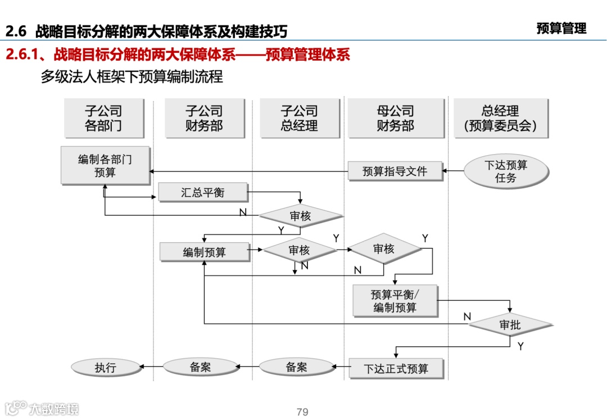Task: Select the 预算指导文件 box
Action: (395, 171)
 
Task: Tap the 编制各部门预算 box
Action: (105, 166)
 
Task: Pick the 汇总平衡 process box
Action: (202, 192)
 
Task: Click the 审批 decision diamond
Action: (510, 324)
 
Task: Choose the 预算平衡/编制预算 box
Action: (395, 301)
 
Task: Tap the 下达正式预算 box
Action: (396, 369)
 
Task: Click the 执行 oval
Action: (105, 368)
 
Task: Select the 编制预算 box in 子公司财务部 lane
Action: (204, 252)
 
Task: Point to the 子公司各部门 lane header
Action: (103, 119)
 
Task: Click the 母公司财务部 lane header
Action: (395, 119)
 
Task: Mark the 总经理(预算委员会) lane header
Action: (500, 119)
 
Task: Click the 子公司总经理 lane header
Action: (299, 119)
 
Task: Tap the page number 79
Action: (302, 412)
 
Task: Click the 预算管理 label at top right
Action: (561, 29)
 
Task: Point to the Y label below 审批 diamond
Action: (520, 346)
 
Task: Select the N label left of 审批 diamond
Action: (466, 317)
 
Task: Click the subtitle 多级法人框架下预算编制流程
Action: (132, 76)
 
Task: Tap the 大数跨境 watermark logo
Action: (43, 408)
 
